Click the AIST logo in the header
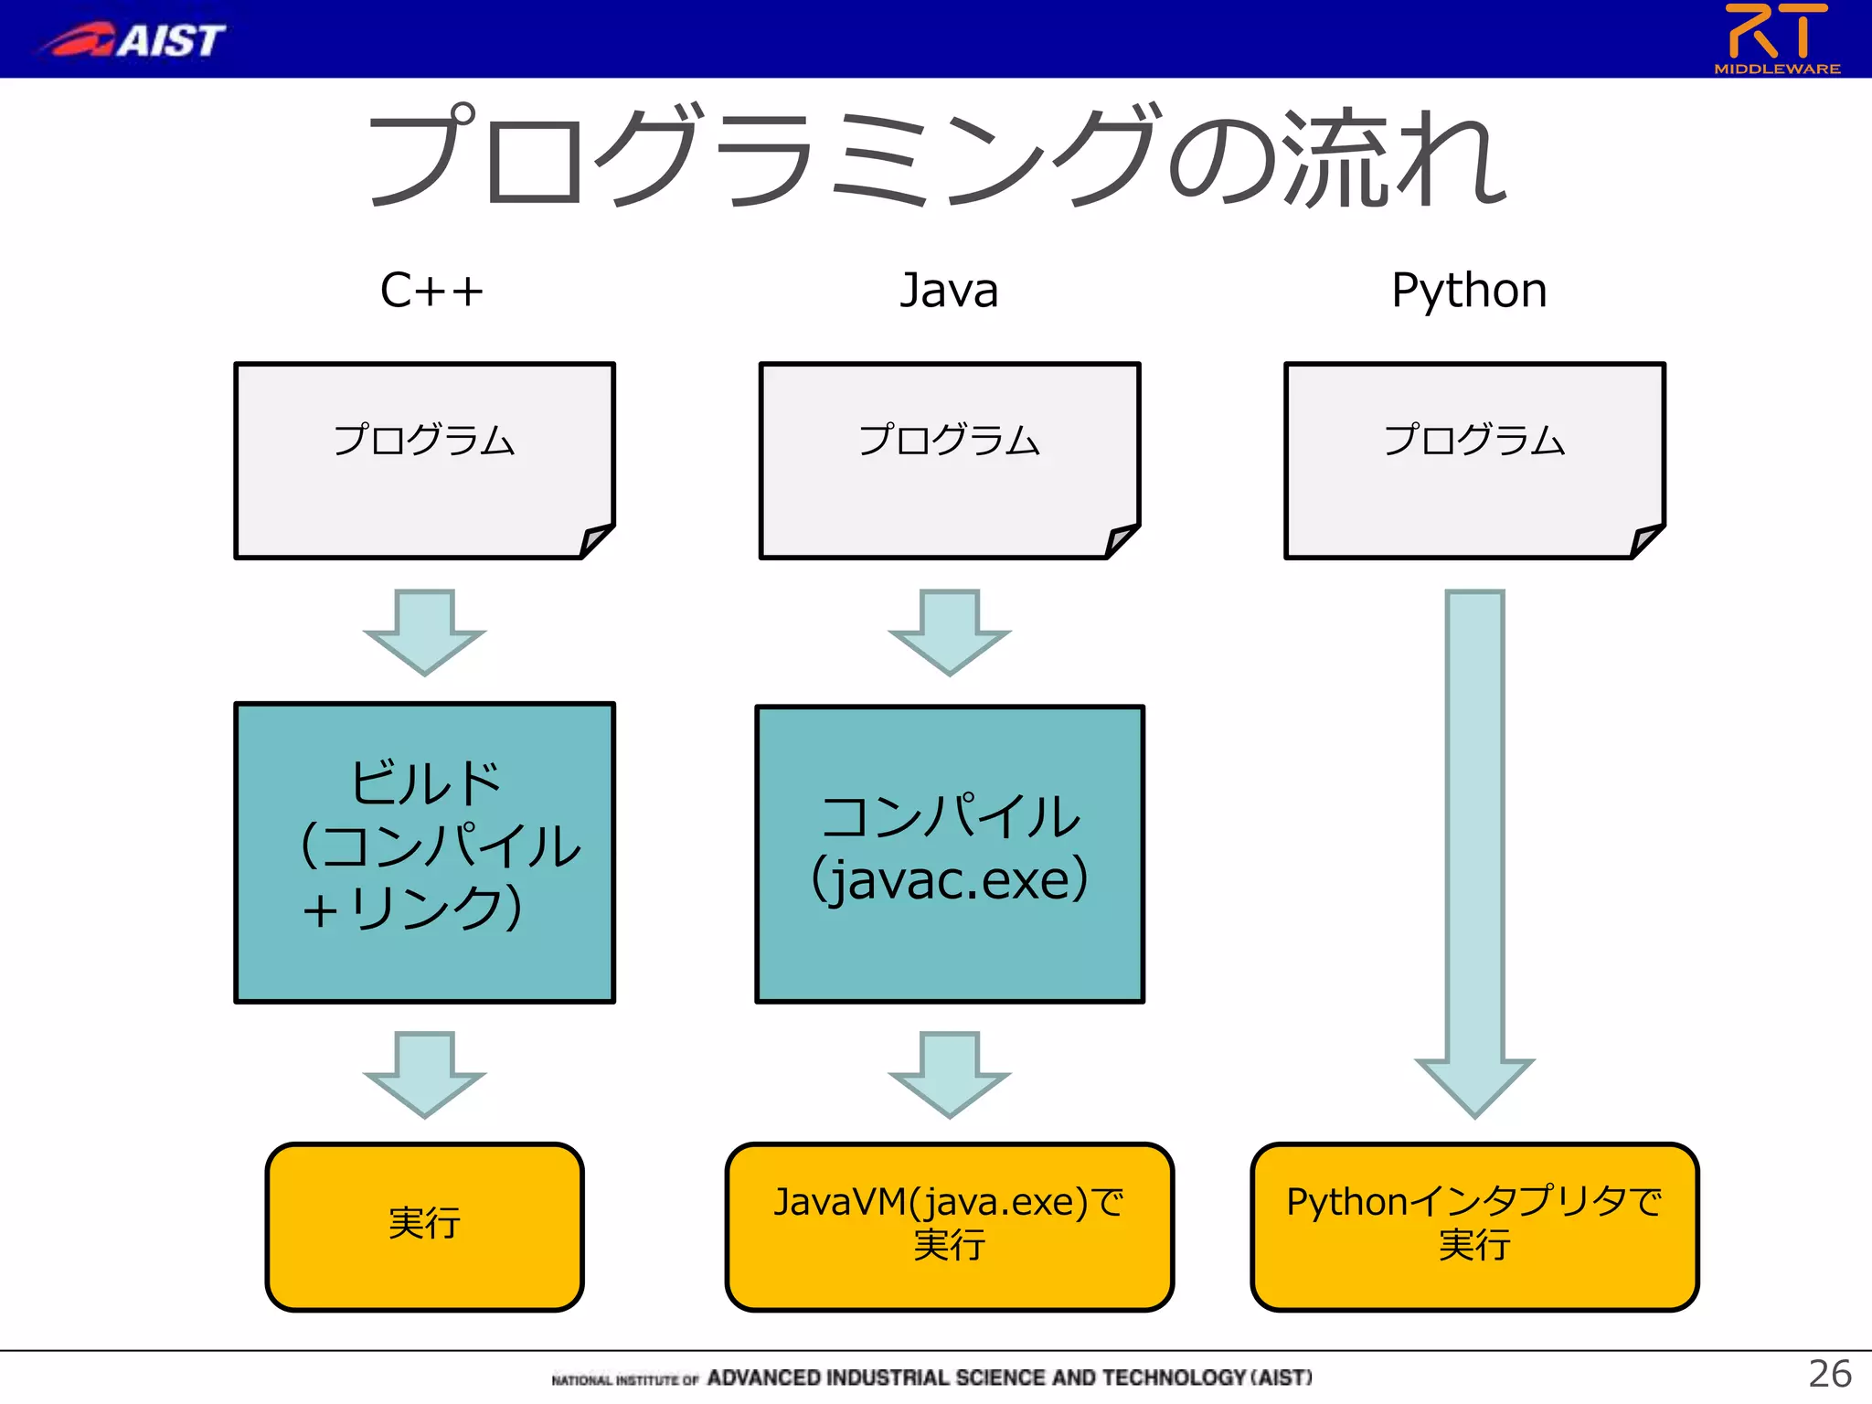133,39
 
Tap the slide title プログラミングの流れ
936,155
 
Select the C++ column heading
431,291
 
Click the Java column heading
949,291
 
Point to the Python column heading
1469,291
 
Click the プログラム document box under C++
424,460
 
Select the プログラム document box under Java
949,460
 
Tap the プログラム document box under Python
1473,460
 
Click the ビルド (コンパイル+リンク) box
424,852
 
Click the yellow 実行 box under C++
424,1226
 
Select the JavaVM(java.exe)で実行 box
949,1226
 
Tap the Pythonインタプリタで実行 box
1473,1226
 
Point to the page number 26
1829,1374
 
